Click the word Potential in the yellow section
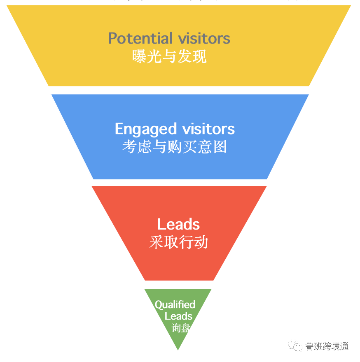pos(141,39)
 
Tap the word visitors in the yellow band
pos(204,39)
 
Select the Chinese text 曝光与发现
pos(169,56)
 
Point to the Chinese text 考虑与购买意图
pos(175,146)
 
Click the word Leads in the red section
pos(178,225)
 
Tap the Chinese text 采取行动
pos(178,242)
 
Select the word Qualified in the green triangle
pos(175,305)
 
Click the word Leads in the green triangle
pos(178,316)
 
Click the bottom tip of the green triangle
pos(178,349)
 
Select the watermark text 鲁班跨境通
pos(327,346)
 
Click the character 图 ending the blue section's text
pos(220,146)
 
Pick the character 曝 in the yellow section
pos(139,56)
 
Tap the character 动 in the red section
pos(201,242)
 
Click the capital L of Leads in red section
pos(161,225)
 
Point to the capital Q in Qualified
pos(159,305)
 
